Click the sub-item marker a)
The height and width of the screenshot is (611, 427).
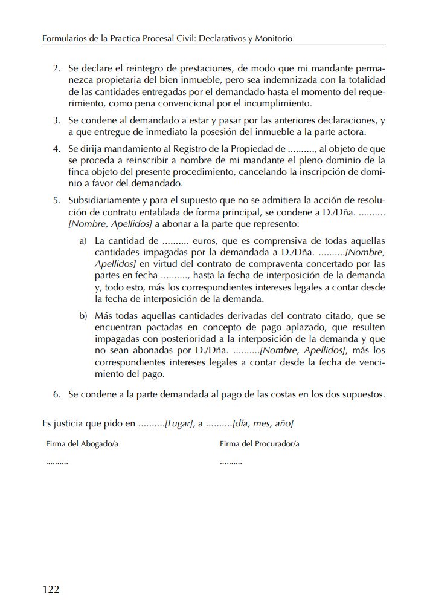(83, 241)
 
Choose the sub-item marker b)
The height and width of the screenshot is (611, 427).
(83, 316)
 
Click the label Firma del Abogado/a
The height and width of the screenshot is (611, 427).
(82, 444)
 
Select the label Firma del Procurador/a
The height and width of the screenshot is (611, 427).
(260, 444)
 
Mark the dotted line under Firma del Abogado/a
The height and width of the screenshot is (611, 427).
(57, 462)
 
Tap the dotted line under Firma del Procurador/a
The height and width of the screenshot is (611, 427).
(231, 462)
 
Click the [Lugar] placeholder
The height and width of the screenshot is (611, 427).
(180, 423)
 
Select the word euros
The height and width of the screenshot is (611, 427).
(205, 241)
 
